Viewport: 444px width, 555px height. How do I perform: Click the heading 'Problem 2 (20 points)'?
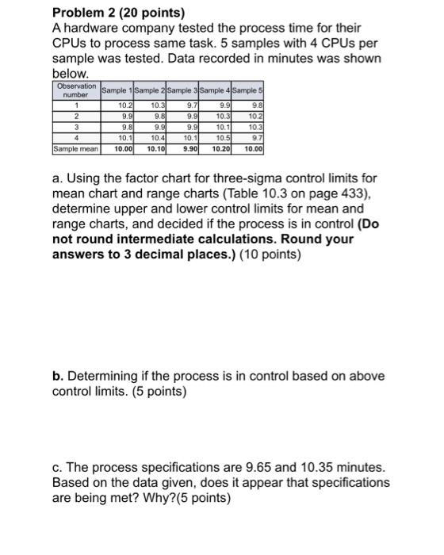coord(117,13)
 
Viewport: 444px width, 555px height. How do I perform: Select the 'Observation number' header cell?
coord(75,90)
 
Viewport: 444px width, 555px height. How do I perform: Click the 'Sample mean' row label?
coord(75,148)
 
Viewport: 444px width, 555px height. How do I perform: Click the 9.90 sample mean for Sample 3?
coord(190,148)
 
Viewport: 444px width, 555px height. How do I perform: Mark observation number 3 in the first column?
coord(76,126)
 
